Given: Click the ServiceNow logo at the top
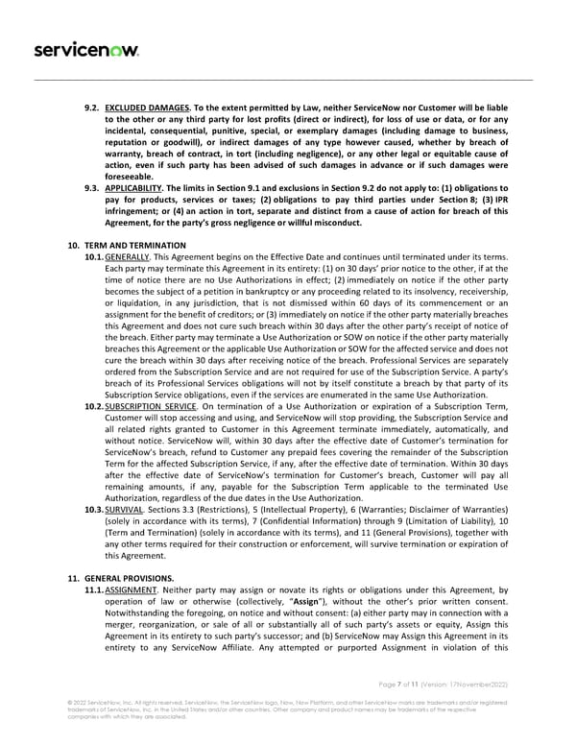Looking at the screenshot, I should [74, 49].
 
